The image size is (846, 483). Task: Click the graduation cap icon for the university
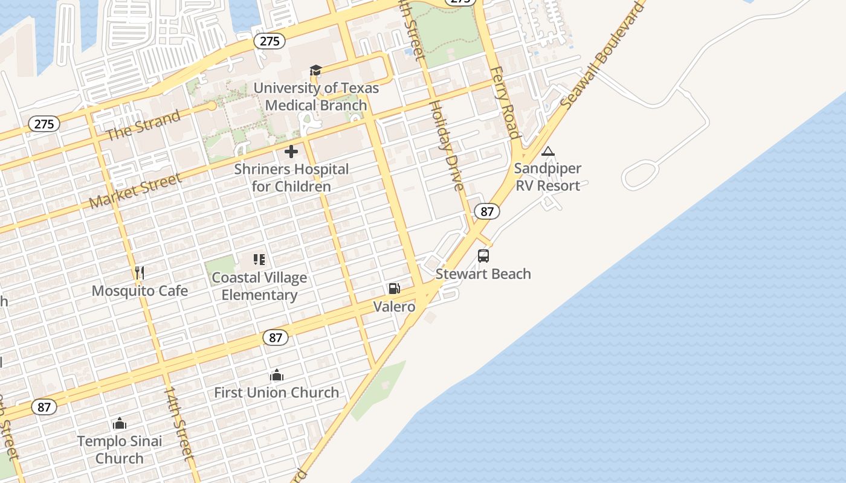click(315, 71)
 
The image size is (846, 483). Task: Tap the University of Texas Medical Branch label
click(316, 97)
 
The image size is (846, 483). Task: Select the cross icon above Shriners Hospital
click(291, 152)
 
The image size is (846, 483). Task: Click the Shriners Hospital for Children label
click(291, 178)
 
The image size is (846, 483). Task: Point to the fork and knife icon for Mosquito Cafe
click(140, 273)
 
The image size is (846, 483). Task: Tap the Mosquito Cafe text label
click(140, 291)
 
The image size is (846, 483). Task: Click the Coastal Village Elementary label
click(259, 286)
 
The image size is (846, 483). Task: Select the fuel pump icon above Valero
click(394, 289)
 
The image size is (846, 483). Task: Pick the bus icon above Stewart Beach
click(483, 256)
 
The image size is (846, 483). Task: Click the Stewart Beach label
click(483, 274)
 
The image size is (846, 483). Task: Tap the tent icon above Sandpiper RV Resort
click(548, 151)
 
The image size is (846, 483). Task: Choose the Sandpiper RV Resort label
click(547, 177)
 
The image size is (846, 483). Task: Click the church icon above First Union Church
click(277, 375)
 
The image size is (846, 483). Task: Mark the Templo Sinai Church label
click(120, 450)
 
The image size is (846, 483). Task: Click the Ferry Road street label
click(506, 103)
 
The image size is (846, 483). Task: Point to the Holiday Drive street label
click(447, 145)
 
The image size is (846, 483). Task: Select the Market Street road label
click(135, 190)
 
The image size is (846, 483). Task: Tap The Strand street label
click(143, 125)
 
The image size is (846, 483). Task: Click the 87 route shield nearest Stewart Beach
click(486, 211)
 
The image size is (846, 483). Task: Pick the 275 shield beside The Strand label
click(44, 124)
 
